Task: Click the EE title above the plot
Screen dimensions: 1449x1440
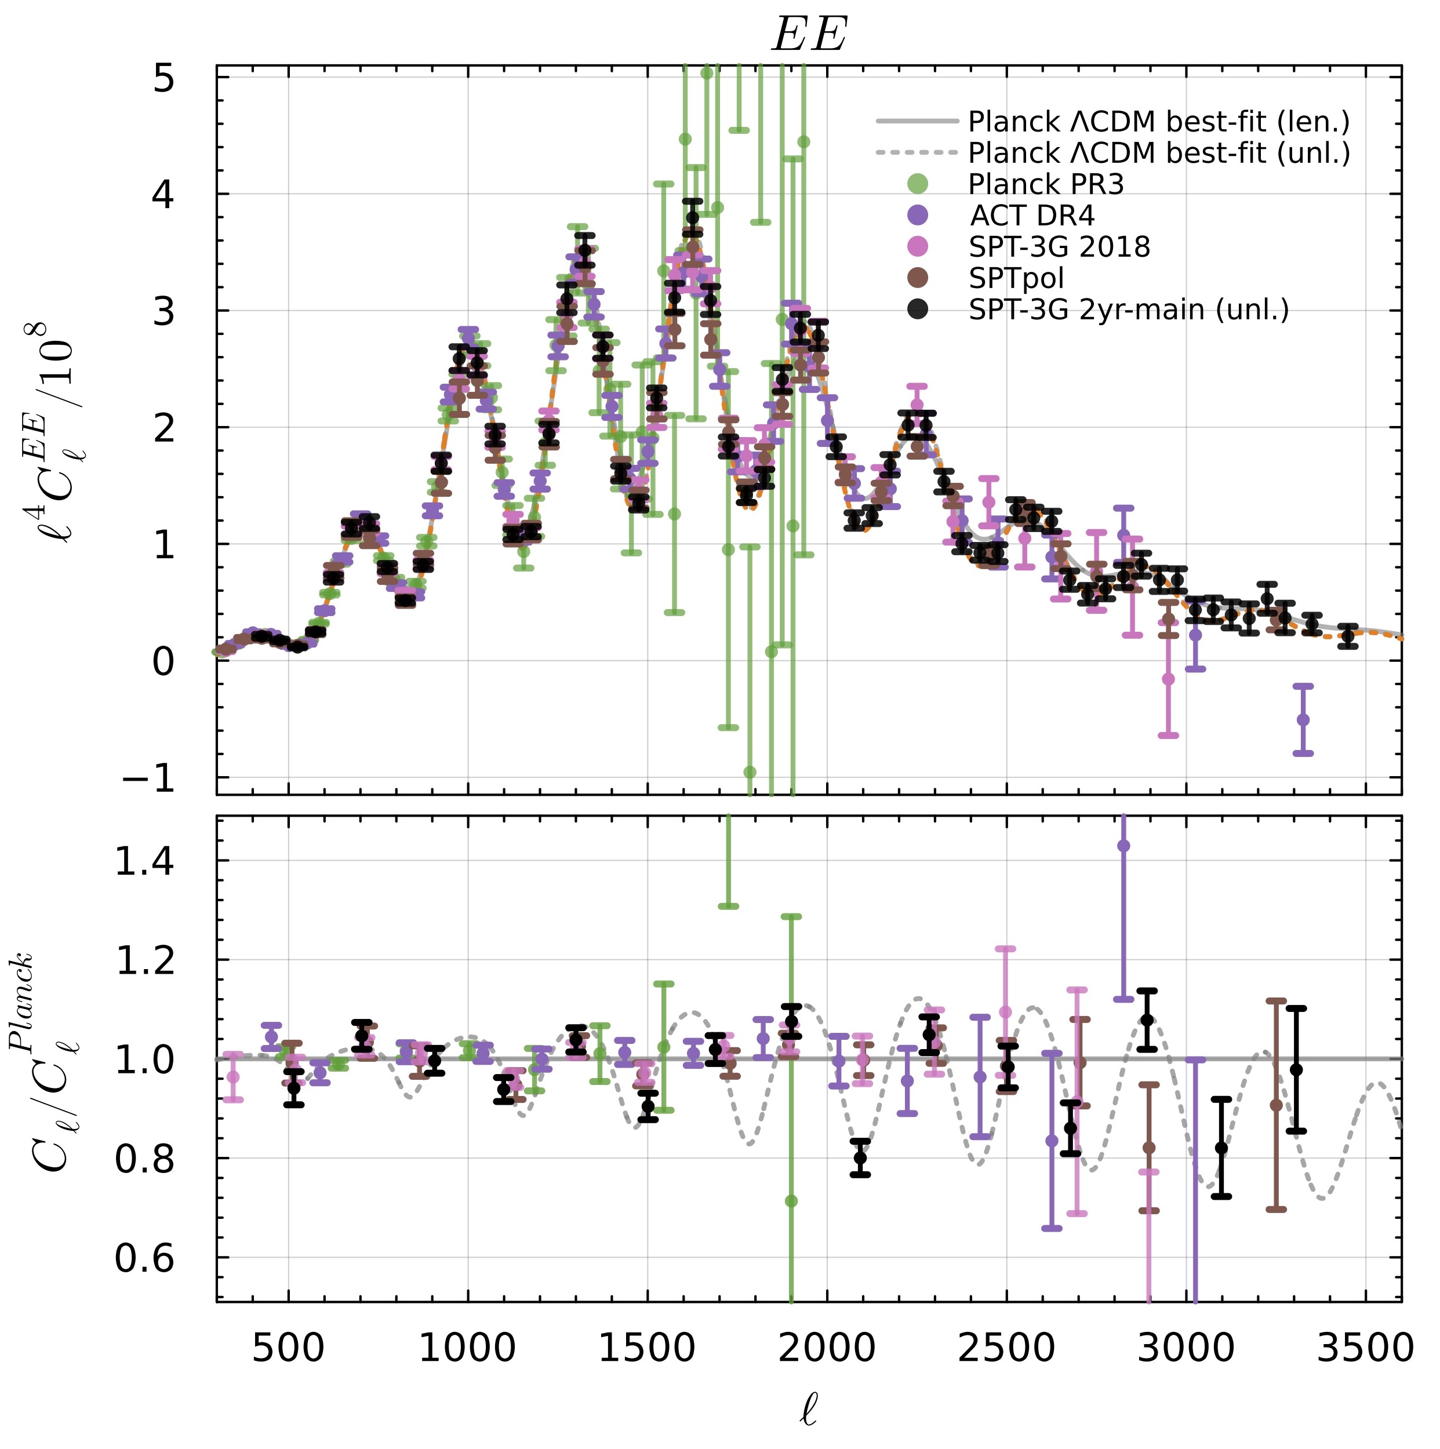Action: pos(809,35)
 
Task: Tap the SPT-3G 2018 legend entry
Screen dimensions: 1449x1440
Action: pos(1059,247)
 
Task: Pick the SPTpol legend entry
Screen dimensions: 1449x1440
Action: pos(1016,278)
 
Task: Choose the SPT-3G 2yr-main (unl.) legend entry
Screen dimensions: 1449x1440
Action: pos(1128,310)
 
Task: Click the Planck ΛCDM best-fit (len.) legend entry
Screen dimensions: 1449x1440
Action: pos(1158,122)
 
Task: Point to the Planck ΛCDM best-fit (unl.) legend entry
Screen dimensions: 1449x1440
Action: pos(1159,153)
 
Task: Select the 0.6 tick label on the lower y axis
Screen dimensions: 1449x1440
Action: pos(144,1259)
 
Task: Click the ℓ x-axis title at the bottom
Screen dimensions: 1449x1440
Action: pos(809,1410)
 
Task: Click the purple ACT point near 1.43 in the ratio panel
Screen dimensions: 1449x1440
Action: pos(1123,846)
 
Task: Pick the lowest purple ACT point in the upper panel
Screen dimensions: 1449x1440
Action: pos(1304,720)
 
